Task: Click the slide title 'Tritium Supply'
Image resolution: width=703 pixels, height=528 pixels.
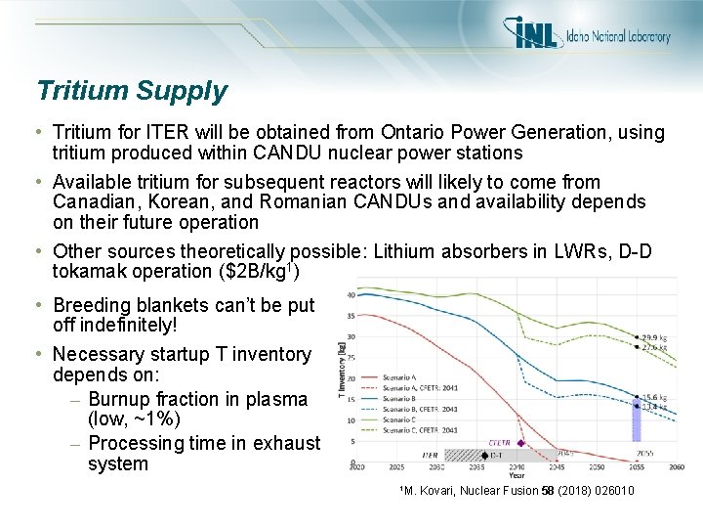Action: point(132,92)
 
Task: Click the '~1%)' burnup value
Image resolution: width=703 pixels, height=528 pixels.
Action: point(156,420)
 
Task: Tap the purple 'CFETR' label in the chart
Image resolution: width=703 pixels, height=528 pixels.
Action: point(499,442)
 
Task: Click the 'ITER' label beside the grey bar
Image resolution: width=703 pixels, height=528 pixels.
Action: point(429,455)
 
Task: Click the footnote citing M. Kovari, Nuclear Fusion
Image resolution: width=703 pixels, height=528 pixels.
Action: point(517,491)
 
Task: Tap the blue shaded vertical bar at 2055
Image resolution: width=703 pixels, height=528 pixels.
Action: point(637,418)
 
